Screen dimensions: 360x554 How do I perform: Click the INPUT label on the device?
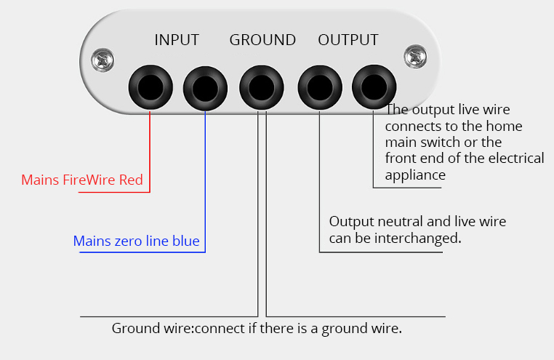(176, 40)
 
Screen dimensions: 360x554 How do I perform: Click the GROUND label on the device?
(262, 40)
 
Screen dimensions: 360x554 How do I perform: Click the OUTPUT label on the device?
(348, 40)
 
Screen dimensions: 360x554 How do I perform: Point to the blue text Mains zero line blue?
(136, 241)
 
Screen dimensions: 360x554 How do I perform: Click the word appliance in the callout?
(414, 175)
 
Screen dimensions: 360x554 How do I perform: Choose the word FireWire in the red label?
(94, 179)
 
